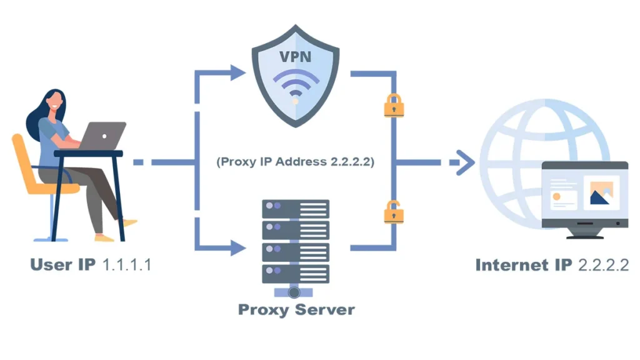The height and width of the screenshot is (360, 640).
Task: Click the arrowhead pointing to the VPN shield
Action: (x=237, y=73)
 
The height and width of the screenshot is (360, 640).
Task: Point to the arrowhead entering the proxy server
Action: (x=237, y=248)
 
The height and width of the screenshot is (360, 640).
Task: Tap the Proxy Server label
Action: (x=296, y=309)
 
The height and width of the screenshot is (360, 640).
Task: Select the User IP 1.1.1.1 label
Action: (x=91, y=264)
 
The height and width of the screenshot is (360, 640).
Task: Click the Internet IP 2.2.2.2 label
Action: (x=552, y=264)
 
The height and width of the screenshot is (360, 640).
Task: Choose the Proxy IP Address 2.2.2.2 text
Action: (x=295, y=161)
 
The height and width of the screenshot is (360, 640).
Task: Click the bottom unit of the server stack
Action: (x=296, y=272)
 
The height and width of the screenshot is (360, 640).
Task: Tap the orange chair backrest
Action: (x=26, y=159)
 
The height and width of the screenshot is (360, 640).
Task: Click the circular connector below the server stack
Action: (x=296, y=291)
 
